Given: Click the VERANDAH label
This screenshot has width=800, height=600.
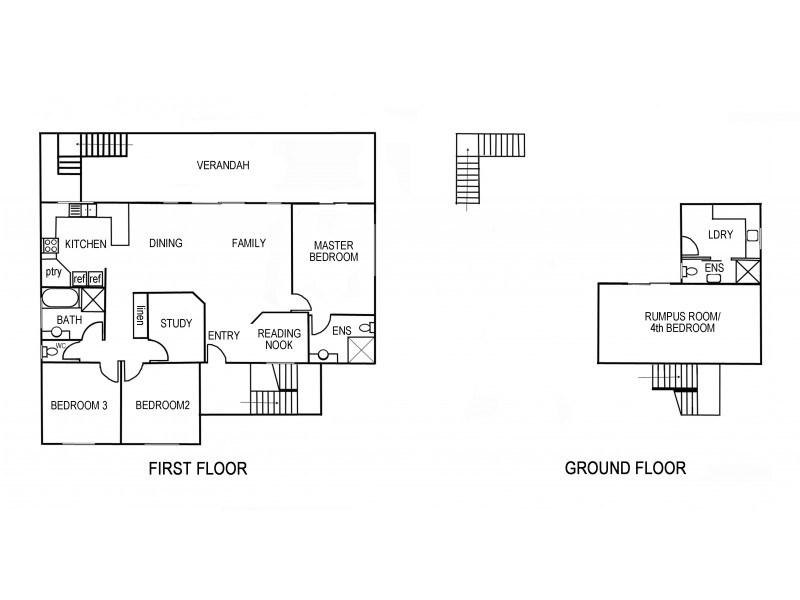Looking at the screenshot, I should tap(223, 166).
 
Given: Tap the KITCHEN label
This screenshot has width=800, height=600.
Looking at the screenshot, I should tap(86, 244).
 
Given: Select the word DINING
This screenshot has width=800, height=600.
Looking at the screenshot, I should tap(166, 244).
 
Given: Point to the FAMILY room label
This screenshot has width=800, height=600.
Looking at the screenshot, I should tap(249, 243).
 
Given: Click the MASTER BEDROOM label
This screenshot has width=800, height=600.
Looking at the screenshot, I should tap(335, 251).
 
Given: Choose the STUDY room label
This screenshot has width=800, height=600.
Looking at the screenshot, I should tap(176, 323).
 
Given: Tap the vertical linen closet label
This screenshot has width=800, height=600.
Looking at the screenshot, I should tap(142, 315).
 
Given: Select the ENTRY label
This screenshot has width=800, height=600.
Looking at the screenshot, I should tap(223, 335).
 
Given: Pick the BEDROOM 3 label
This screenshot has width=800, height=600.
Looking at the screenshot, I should tap(79, 405).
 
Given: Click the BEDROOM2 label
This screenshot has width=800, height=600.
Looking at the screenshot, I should tap(162, 405).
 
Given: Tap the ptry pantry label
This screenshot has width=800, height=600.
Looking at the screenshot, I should tap(54, 272).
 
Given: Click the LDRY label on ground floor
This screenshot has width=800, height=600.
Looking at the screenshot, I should tap(720, 235).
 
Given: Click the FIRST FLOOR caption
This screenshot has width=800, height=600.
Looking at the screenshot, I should tap(197, 468).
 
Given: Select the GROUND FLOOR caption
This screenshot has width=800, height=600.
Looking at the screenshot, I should tap(625, 468).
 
